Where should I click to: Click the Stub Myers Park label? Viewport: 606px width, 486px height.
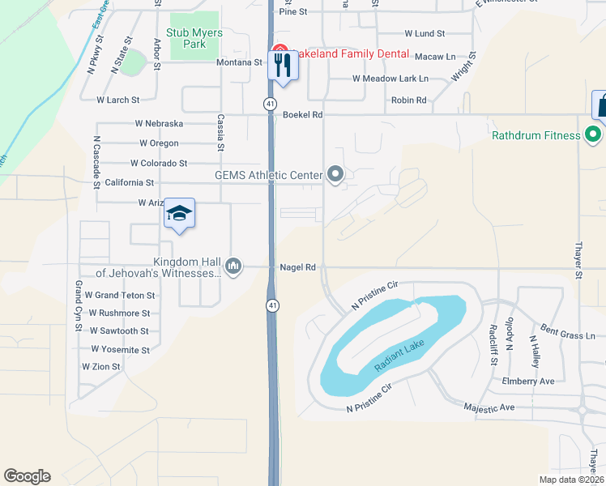186,38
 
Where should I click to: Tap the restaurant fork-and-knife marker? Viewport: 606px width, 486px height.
284,64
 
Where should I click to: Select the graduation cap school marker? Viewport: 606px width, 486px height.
179,214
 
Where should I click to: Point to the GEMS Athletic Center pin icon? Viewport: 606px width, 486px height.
335,173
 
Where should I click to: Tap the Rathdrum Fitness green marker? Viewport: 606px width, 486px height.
594,135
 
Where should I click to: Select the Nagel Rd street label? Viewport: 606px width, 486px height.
297,266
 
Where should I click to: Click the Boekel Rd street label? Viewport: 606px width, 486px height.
303,115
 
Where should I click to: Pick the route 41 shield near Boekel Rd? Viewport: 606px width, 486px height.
270,104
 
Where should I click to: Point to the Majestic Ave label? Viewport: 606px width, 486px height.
491,407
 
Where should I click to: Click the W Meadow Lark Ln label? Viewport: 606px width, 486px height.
390,79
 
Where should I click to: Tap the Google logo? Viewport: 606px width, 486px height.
27,476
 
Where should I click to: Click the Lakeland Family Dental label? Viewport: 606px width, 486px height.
339,51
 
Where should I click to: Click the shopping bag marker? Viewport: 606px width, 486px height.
601,105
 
